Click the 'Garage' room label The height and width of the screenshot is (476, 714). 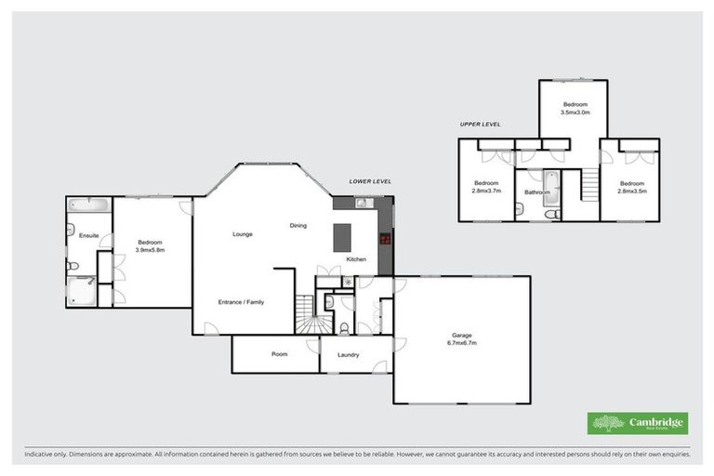pos(462,336)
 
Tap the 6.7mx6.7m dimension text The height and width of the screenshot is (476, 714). pos(462,344)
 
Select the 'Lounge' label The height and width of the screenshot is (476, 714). pos(243,234)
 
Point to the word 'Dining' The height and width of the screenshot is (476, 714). pos(297,226)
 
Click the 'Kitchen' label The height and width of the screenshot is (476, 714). pos(356,258)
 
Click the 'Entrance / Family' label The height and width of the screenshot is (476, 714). pos(241,302)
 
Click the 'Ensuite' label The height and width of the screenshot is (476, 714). pos(89,235)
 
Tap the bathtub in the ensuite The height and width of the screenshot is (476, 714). pos(89,205)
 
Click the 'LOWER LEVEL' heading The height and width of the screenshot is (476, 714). pos(370,181)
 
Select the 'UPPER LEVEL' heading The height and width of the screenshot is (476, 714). pos(480,123)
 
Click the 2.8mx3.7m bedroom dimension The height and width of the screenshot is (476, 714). pos(486,191)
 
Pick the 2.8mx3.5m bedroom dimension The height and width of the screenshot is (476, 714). pos(632,191)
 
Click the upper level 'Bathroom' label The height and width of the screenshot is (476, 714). pos(537,192)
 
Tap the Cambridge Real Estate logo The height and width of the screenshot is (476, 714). pos(638,423)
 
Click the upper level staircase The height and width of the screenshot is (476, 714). pos(588,186)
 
